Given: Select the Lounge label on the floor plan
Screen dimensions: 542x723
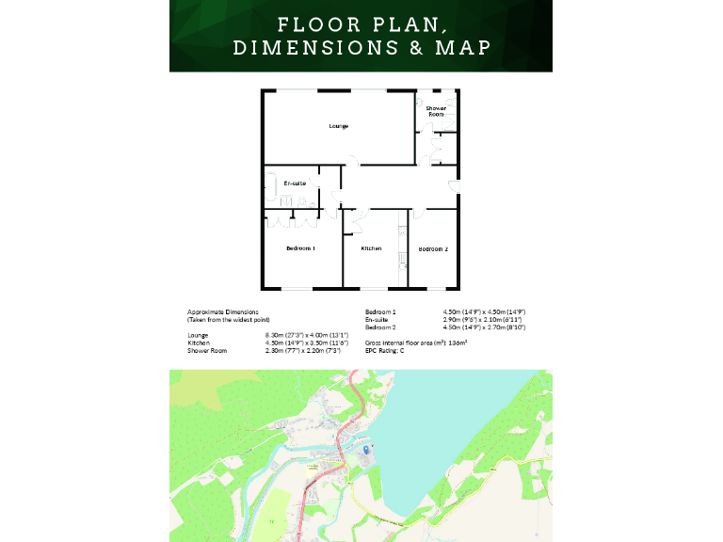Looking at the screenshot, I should coord(339,126).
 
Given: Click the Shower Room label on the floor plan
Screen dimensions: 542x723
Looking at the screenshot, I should coord(436,111).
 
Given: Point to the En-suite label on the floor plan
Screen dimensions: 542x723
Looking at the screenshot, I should coord(295,183).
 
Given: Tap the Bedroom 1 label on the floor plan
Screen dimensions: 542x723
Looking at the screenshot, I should coord(300,248).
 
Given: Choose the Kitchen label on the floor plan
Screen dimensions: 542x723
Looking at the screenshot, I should coord(371,248).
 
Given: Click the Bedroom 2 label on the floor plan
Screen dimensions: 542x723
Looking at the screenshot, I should coord(433,248).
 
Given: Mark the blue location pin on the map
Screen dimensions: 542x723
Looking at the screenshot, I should coord(366,451).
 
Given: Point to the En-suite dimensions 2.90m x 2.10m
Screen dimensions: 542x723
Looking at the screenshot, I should coord(482,319).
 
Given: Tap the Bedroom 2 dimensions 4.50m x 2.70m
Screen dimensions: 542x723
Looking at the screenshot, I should coord(484,327).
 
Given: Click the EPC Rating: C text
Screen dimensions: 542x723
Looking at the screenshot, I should coord(384,350).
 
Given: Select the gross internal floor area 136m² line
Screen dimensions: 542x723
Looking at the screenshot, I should coord(416,343).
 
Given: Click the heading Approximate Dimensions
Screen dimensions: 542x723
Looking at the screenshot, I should coord(222,311).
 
